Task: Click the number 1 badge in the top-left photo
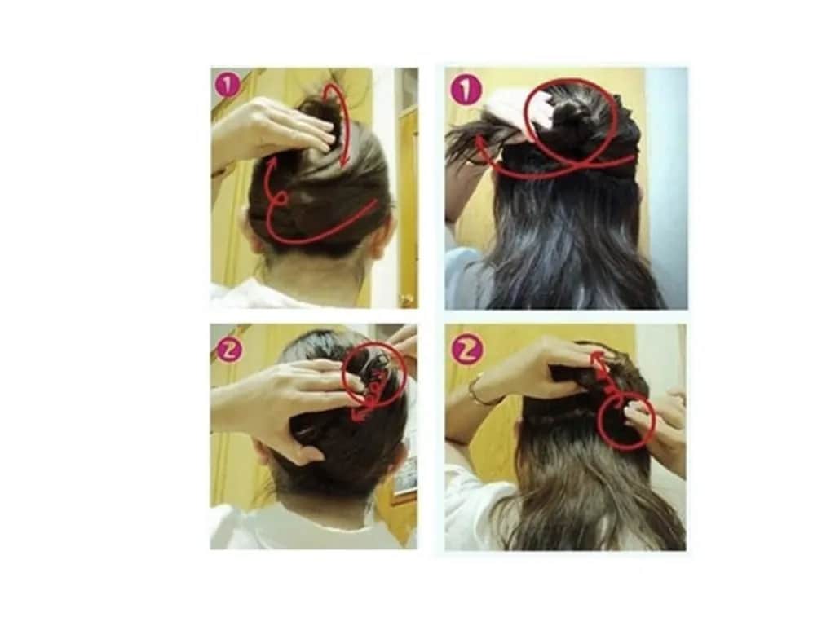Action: [228, 86]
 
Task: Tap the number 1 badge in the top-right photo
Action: [466, 90]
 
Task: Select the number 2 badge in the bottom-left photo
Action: [229, 350]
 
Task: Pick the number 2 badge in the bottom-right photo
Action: [467, 350]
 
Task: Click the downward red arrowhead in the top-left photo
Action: [345, 159]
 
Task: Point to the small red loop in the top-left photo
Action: [281, 201]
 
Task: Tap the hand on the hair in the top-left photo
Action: [272, 128]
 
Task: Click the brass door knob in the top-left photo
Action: [408, 301]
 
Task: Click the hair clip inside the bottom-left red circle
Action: [373, 364]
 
